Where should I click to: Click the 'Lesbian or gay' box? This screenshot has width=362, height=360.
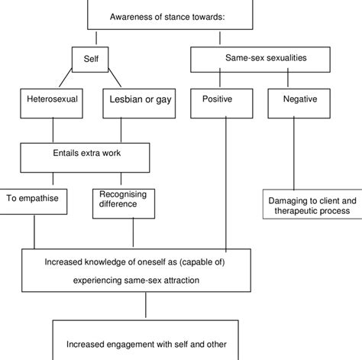(x=141, y=99)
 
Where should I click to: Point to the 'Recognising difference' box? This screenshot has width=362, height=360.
(x=122, y=201)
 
